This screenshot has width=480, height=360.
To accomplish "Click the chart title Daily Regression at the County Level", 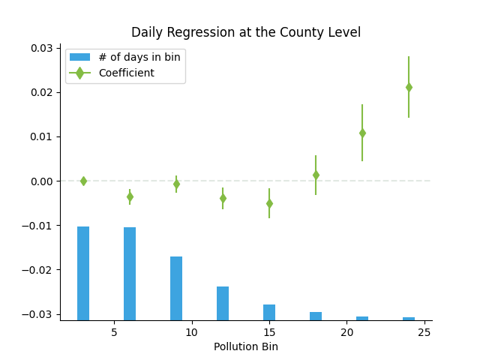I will (246, 33).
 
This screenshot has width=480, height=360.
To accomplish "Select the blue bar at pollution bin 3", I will (83, 273).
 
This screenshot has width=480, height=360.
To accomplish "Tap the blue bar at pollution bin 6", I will (130, 274).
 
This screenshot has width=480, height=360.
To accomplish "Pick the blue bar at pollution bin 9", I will (176, 288).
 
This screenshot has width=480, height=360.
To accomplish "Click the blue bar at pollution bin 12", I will (223, 303).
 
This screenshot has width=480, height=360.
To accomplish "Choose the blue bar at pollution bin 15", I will (269, 312).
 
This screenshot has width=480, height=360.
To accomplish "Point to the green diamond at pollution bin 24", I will (409, 87).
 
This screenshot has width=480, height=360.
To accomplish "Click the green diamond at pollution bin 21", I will (362, 133).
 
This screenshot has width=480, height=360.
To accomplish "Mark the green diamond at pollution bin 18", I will (316, 175).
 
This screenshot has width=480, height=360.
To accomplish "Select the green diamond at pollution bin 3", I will (83, 181).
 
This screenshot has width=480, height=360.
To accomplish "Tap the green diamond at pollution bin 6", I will (130, 196).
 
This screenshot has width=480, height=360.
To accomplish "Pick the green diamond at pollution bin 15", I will (269, 203).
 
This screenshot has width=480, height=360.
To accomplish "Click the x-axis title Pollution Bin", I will (246, 346).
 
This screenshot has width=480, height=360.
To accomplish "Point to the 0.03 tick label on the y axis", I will (41, 48).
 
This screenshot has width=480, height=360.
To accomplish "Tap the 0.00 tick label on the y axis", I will (41, 181).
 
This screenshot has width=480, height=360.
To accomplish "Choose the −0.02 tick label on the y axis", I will (38, 270).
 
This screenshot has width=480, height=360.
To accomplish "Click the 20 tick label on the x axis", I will (346, 331).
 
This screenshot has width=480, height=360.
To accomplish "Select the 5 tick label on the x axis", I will (114, 331).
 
